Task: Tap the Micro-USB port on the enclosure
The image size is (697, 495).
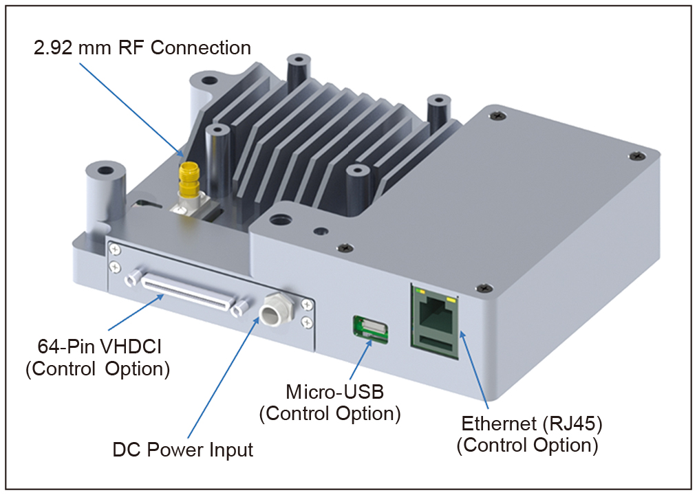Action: pyautogui.click(x=370, y=329)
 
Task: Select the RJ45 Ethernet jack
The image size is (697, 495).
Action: pyautogui.click(x=434, y=321)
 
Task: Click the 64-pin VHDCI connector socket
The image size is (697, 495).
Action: pyautogui.click(x=187, y=295)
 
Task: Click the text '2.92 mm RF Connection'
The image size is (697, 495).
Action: pyautogui.click(x=142, y=48)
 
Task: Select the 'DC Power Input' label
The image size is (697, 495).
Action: pyautogui.click(x=183, y=450)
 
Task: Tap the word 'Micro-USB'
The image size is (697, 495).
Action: pyautogui.click(x=334, y=392)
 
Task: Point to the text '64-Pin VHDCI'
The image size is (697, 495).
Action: pyautogui.click(x=99, y=346)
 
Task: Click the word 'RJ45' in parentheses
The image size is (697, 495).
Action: pyautogui.click(x=572, y=423)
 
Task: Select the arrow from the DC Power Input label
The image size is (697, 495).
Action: pyautogui.click(x=223, y=378)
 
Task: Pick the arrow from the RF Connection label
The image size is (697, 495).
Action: pyautogui.click(x=131, y=110)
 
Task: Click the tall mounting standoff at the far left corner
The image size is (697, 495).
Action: pyautogui.click(x=103, y=195)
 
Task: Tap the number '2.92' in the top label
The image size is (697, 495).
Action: pyautogui.click(x=54, y=48)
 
